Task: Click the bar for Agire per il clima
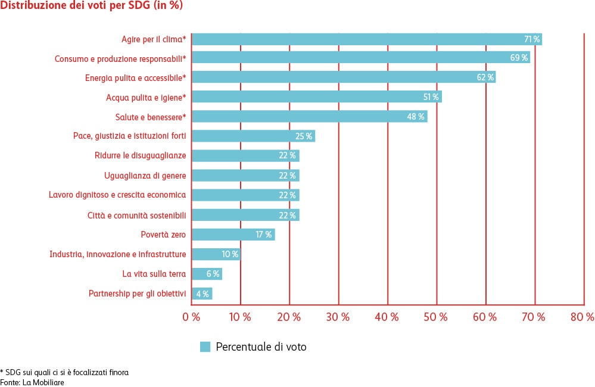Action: click(x=366, y=39)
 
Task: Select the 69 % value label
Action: click(x=519, y=58)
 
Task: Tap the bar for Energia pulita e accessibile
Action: click(x=343, y=77)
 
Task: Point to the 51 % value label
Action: click(x=431, y=97)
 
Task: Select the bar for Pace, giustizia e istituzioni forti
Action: click(x=253, y=136)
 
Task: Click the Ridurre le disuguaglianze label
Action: click(x=141, y=156)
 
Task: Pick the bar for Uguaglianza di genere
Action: click(x=245, y=176)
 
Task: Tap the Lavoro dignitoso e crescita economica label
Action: click(x=117, y=195)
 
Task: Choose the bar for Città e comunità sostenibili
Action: click(x=245, y=215)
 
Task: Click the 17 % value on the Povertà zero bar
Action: click(x=264, y=235)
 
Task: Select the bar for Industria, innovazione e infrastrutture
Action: click(x=216, y=254)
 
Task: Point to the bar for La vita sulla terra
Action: click(x=206, y=274)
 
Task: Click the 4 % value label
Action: click(x=203, y=294)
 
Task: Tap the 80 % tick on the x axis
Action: click(x=582, y=317)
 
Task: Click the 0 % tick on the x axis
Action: click(x=191, y=317)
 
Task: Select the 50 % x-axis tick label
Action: click(x=435, y=317)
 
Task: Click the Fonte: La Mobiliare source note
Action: click(x=32, y=382)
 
